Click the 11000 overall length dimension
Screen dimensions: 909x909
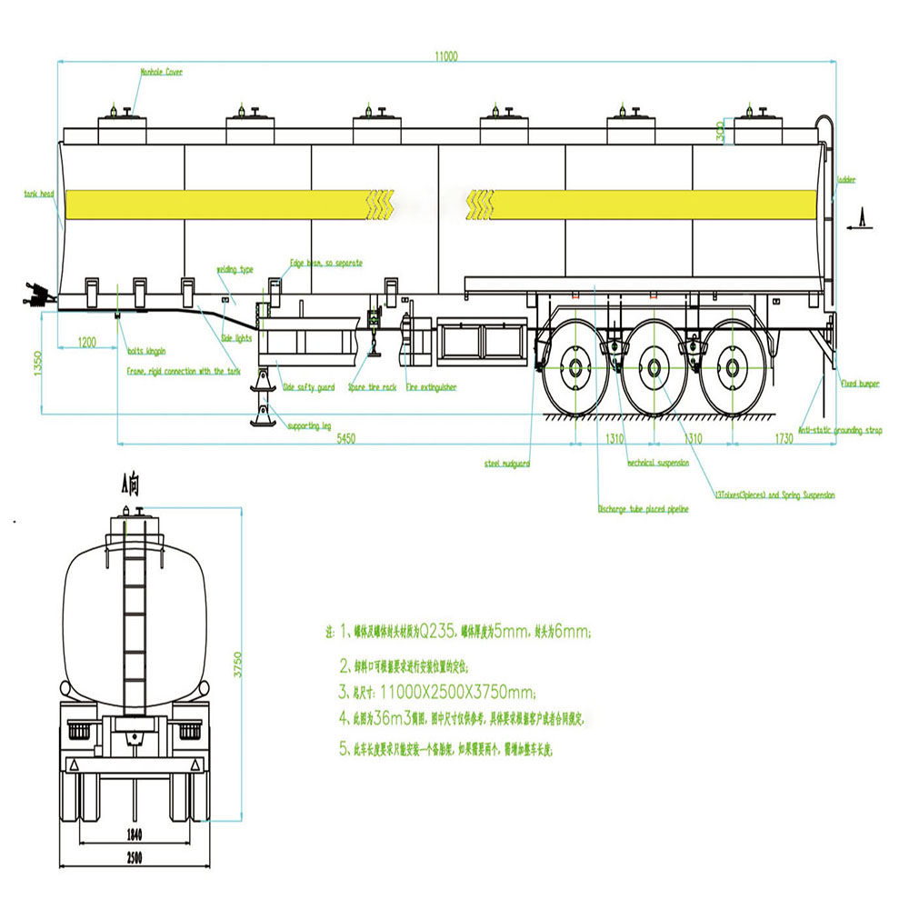(446, 55)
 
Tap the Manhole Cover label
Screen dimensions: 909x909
(162, 70)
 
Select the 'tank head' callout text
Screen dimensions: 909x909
(40, 194)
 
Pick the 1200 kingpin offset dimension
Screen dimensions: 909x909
(86, 341)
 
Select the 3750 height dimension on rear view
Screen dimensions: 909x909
(239, 660)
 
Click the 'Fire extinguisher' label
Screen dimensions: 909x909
(431, 387)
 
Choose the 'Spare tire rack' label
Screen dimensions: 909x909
(373, 387)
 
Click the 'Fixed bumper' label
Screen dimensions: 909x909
(860, 385)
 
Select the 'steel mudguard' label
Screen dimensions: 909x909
(507, 464)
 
